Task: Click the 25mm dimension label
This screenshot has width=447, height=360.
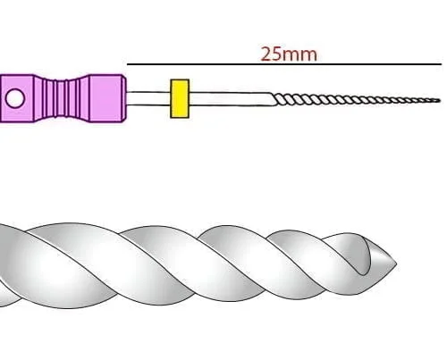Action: [289, 54]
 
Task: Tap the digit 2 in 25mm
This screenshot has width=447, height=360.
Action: [266, 54]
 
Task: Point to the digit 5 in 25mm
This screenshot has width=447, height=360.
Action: [276, 54]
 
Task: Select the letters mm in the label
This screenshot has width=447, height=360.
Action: [299, 55]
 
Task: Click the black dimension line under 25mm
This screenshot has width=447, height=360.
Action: [284, 64]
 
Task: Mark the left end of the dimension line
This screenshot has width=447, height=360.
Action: [128, 64]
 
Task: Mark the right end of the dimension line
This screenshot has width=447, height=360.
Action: [442, 64]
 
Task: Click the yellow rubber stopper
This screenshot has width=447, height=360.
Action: [180, 98]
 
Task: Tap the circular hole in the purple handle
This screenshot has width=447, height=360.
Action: [15, 98]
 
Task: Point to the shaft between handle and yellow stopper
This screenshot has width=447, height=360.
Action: [148, 98]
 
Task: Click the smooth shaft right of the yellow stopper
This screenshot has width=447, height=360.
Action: [231, 99]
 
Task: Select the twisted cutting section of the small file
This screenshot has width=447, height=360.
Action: [356, 100]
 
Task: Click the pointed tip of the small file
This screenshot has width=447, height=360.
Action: [440, 101]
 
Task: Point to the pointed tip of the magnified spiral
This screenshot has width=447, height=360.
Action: [396, 264]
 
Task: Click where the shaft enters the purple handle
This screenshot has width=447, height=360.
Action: [126, 98]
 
